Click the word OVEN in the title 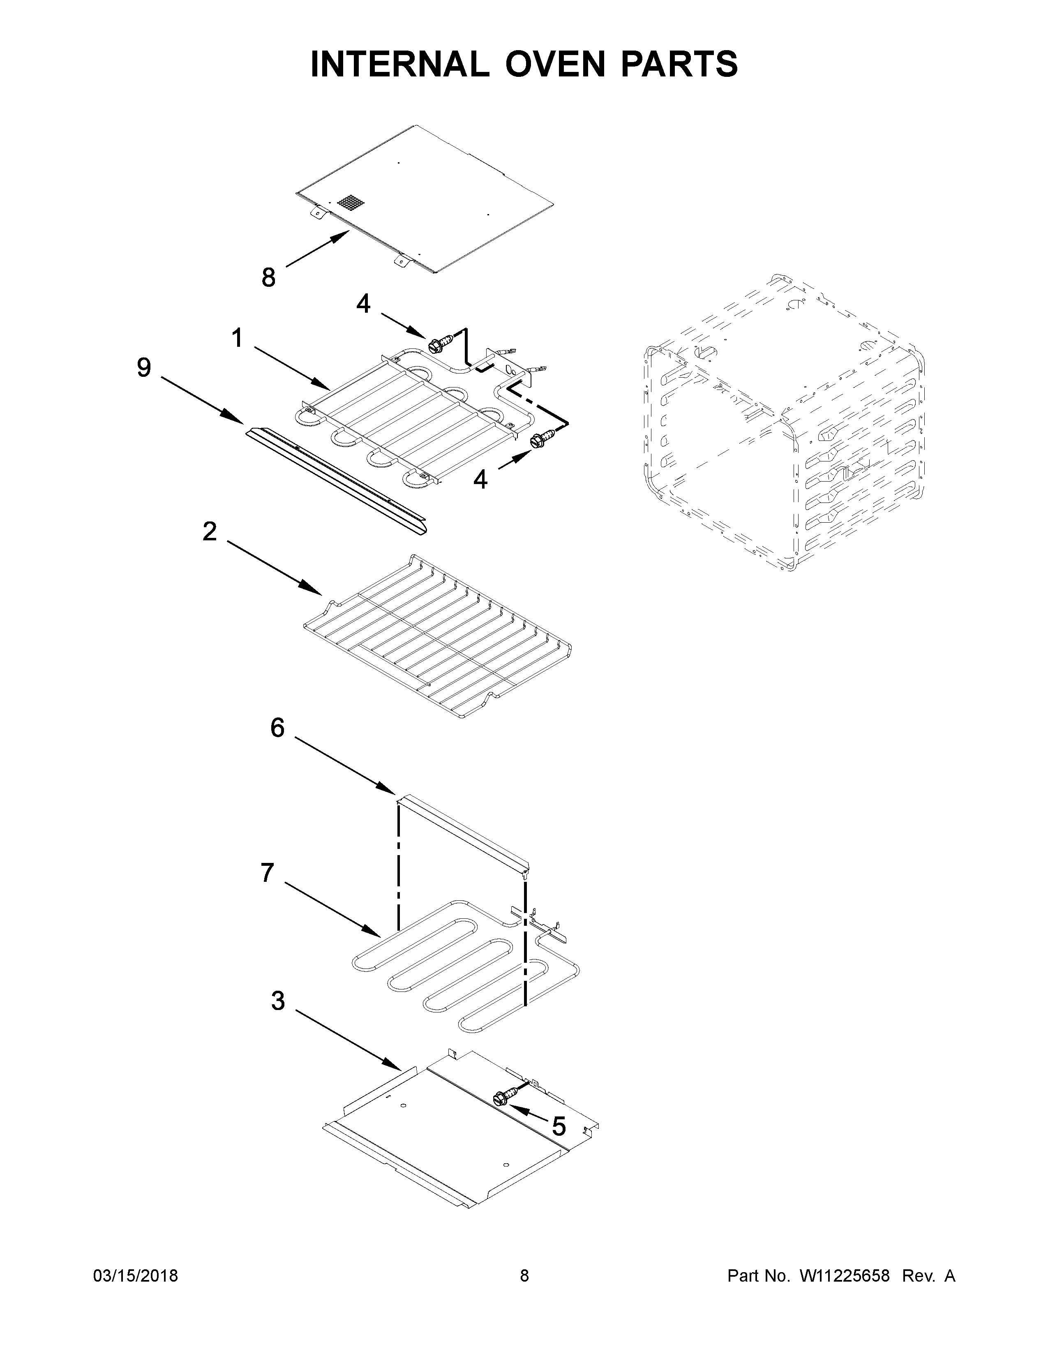tap(554, 64)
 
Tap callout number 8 tap(268, 277)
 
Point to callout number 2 tap(210, 531)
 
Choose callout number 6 tap(277, 727)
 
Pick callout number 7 tap(267, 873)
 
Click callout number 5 tap(559, 1125)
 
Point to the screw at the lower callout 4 tap(540, 440)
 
